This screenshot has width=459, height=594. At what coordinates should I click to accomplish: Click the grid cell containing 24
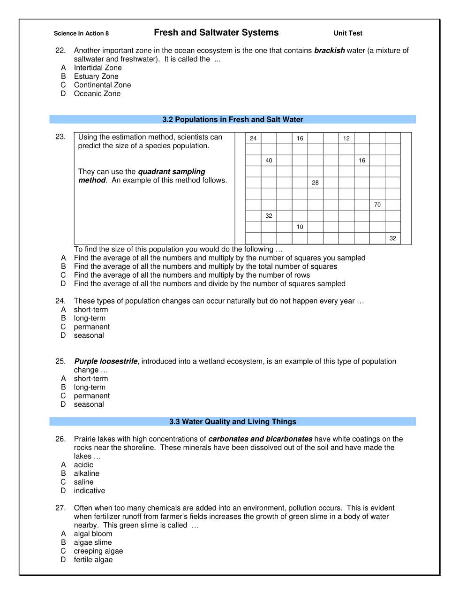click(253, 138)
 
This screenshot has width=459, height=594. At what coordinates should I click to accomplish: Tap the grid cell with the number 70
click(377, 205)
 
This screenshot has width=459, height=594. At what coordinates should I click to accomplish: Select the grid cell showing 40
click(269, 160)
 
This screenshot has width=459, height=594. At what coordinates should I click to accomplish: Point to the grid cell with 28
click(315, 183)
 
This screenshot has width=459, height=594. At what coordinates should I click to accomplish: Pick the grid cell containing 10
click(300, 227)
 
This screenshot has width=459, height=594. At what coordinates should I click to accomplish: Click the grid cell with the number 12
click(346, 138)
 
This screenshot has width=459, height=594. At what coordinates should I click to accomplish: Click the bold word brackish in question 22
click(329, 50)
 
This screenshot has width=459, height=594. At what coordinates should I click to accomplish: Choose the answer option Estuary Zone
click(96, 76)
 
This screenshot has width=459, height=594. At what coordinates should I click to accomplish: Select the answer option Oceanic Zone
click(97, 94)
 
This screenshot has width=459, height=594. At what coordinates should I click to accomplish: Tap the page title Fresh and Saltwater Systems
click(216, 32)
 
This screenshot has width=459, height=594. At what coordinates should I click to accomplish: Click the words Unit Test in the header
click(348, 33)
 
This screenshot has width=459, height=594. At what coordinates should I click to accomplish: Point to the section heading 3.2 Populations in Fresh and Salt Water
click(233, 120)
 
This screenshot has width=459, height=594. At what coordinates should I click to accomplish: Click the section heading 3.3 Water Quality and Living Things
click(233, 422)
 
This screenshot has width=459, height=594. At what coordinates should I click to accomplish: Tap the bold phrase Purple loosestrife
click(106, 361)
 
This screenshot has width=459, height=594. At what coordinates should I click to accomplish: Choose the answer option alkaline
click(87, 473)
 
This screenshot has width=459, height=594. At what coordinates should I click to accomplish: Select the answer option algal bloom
click(93, 534)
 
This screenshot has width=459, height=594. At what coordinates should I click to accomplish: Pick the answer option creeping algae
click(98, 551)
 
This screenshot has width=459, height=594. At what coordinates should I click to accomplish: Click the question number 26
click(60, 439)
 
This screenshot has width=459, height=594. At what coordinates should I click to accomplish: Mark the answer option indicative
click(90, 491)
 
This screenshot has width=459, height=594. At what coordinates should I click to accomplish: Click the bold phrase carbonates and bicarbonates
click(260, 439)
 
